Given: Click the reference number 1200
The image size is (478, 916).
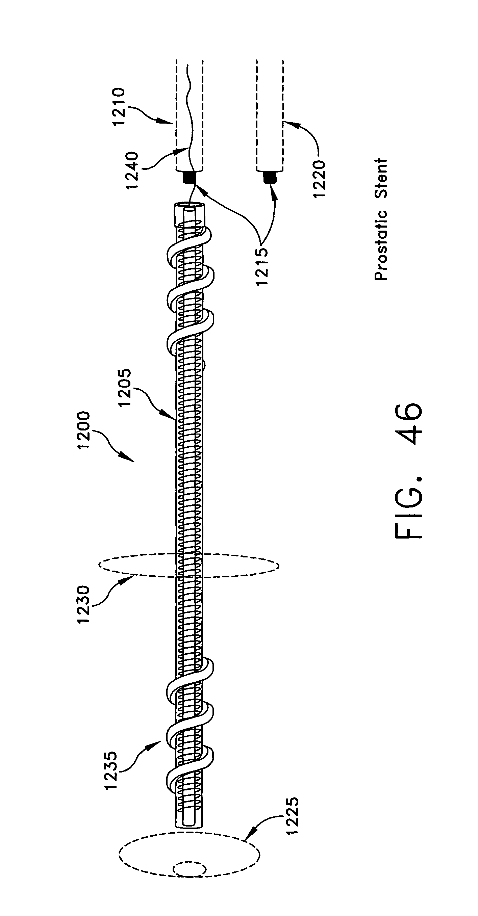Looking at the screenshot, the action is pyautogui.click(x=84, y=430).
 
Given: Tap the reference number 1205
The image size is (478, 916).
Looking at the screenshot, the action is pyautogui.click(x=126, y=388).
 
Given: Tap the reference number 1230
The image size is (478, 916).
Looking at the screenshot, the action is pyautogui.click(x=84, y=604).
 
